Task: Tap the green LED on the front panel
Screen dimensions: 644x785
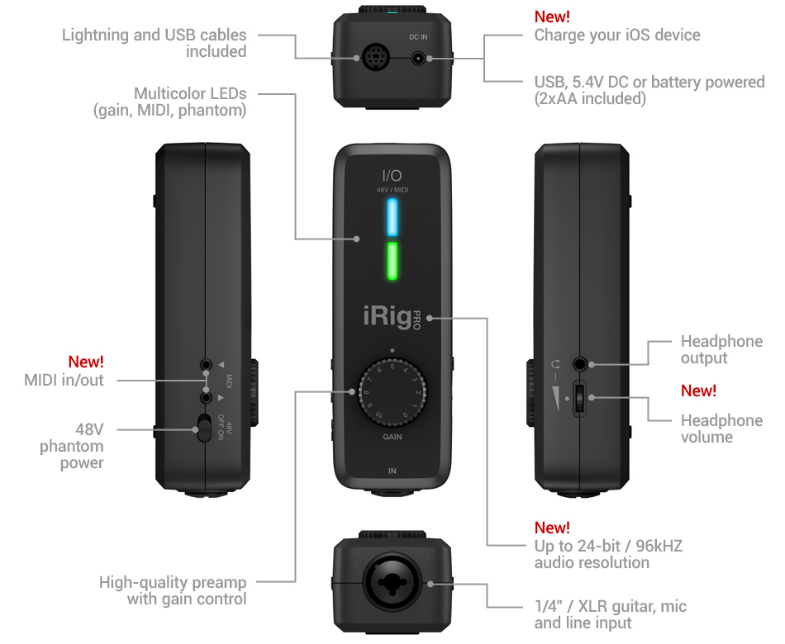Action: [x=392, y=261]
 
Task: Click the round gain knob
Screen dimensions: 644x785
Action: [x=392, y=393]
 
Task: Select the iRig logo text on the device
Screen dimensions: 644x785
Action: [x=388, y=315]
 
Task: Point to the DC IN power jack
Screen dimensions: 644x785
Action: [x=421, y=59]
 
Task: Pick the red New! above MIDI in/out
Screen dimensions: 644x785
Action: [x=86, y=362]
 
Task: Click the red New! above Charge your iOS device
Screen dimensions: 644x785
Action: [x=552, y=17]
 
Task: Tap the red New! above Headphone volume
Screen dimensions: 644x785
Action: [x=698, y=391]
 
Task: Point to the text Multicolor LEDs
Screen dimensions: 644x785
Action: [x=190, y=93]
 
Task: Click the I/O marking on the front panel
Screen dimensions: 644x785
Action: [x=392, y=174]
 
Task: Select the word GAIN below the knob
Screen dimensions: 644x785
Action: [x=392, y=436]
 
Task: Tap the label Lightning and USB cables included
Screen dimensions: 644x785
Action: [x=155, y=43]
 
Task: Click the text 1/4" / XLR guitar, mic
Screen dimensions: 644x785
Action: [x=610, y=607]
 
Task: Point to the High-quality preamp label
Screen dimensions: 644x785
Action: [x=173, y=582]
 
